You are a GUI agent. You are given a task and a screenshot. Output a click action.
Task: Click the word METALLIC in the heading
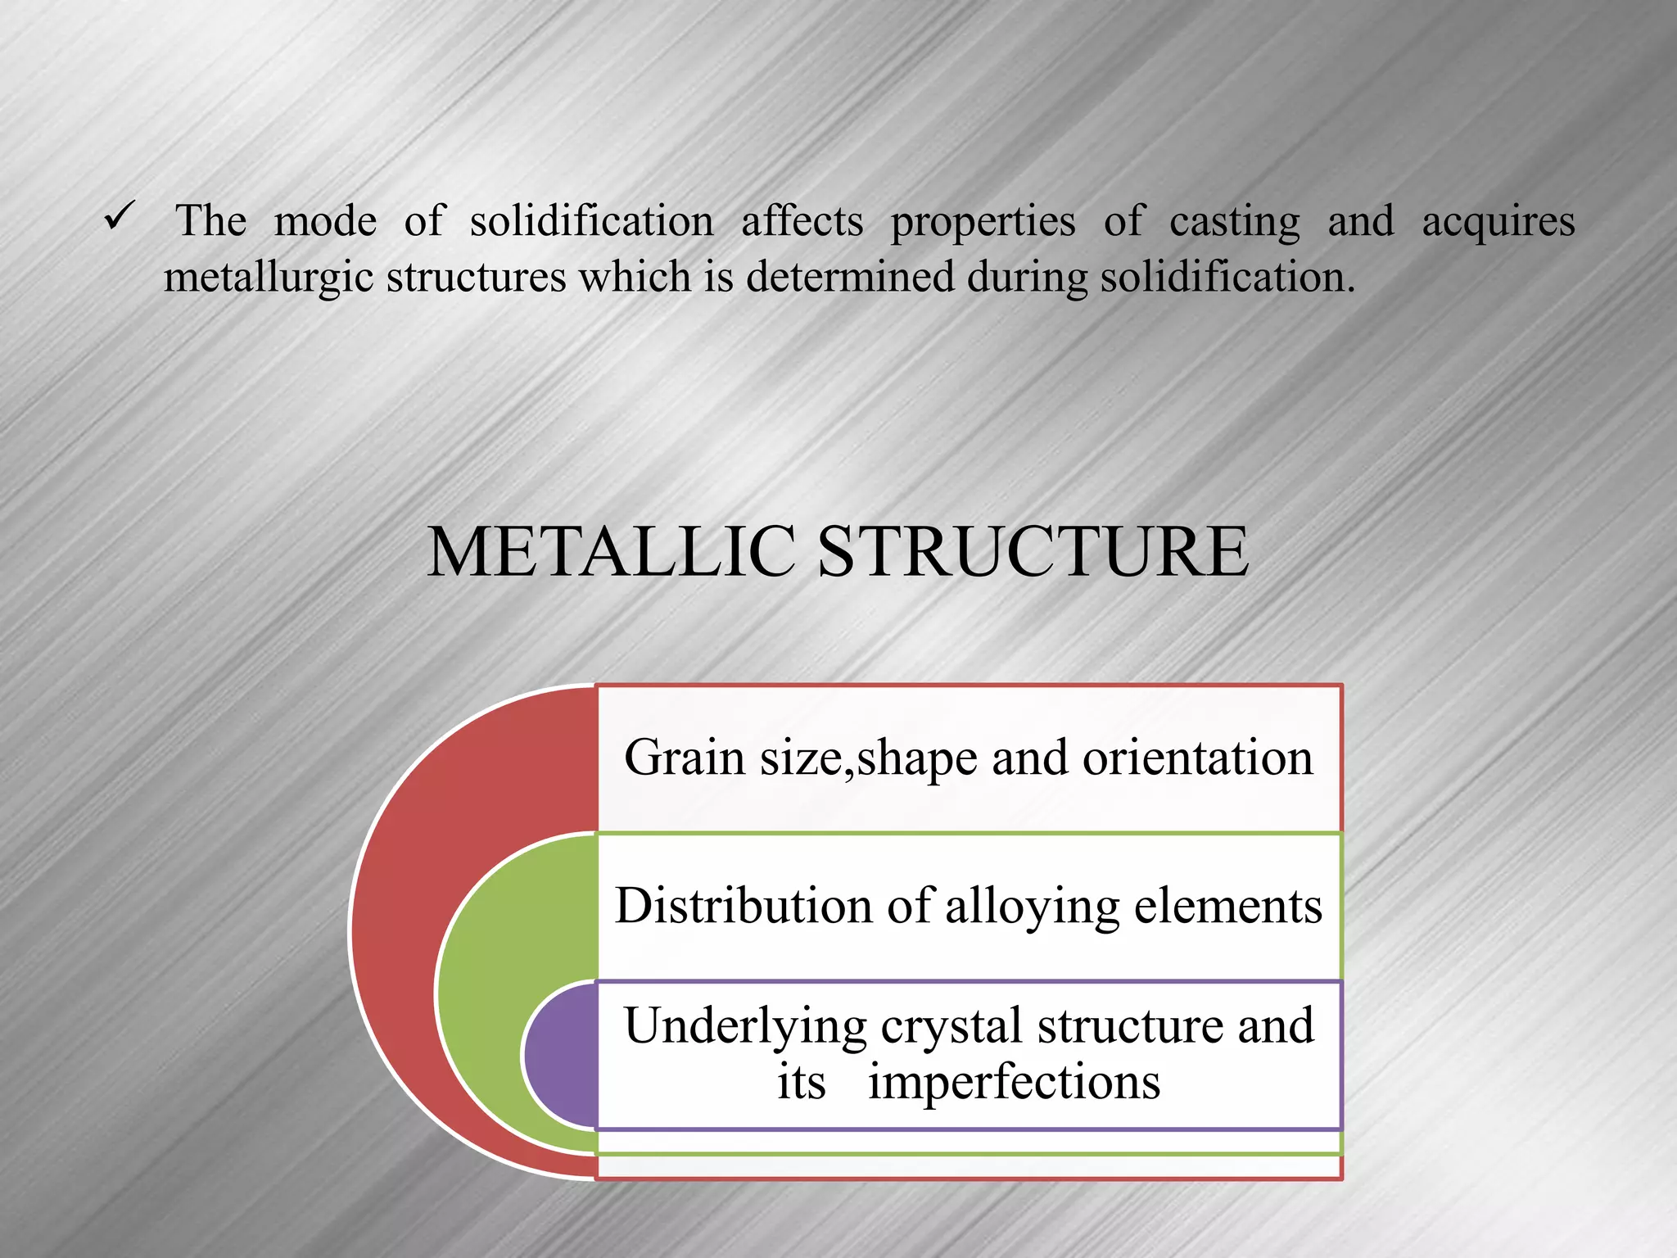611,551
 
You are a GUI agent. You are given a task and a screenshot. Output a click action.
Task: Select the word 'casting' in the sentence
1234,222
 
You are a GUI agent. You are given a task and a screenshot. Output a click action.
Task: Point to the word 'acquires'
1498,222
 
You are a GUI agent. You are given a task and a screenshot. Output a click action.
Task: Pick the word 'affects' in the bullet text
802,221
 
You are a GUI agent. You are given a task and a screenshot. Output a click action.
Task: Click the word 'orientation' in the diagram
1197,757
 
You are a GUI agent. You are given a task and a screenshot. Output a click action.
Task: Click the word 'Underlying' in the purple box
745,1027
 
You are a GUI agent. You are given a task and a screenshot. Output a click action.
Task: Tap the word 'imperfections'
1014,1081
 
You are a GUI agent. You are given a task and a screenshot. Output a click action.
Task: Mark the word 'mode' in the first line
325,221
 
